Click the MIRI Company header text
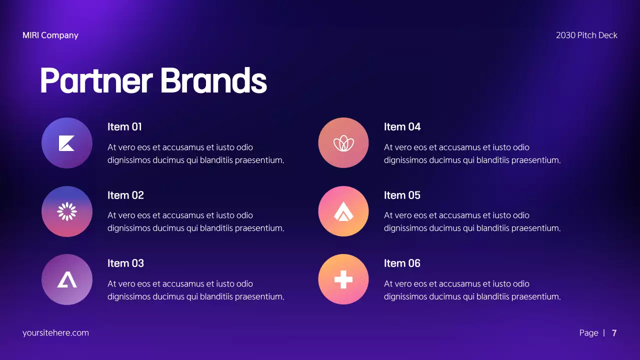tap(50, 35)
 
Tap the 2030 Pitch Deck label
tap(586, 35)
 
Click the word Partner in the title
tap(96, 80)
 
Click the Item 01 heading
tap(124, 127)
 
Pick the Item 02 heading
tap(125, 195)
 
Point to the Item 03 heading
tap(125, 263)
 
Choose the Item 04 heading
tap(402, 127)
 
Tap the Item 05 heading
tap(402, 195)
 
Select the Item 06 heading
tap(402, 263)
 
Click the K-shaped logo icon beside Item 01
tap(66, 143)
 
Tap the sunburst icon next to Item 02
tap(66, 211)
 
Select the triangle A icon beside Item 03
tap(66, 279)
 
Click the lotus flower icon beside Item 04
tap(343, 143)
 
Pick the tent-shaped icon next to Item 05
tap(343, 211)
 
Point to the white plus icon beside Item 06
tap(343, 279)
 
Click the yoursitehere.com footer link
tap(55, 333)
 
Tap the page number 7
tap(614, 333)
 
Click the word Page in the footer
tap(588, 333)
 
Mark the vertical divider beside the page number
tap(604, 333)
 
